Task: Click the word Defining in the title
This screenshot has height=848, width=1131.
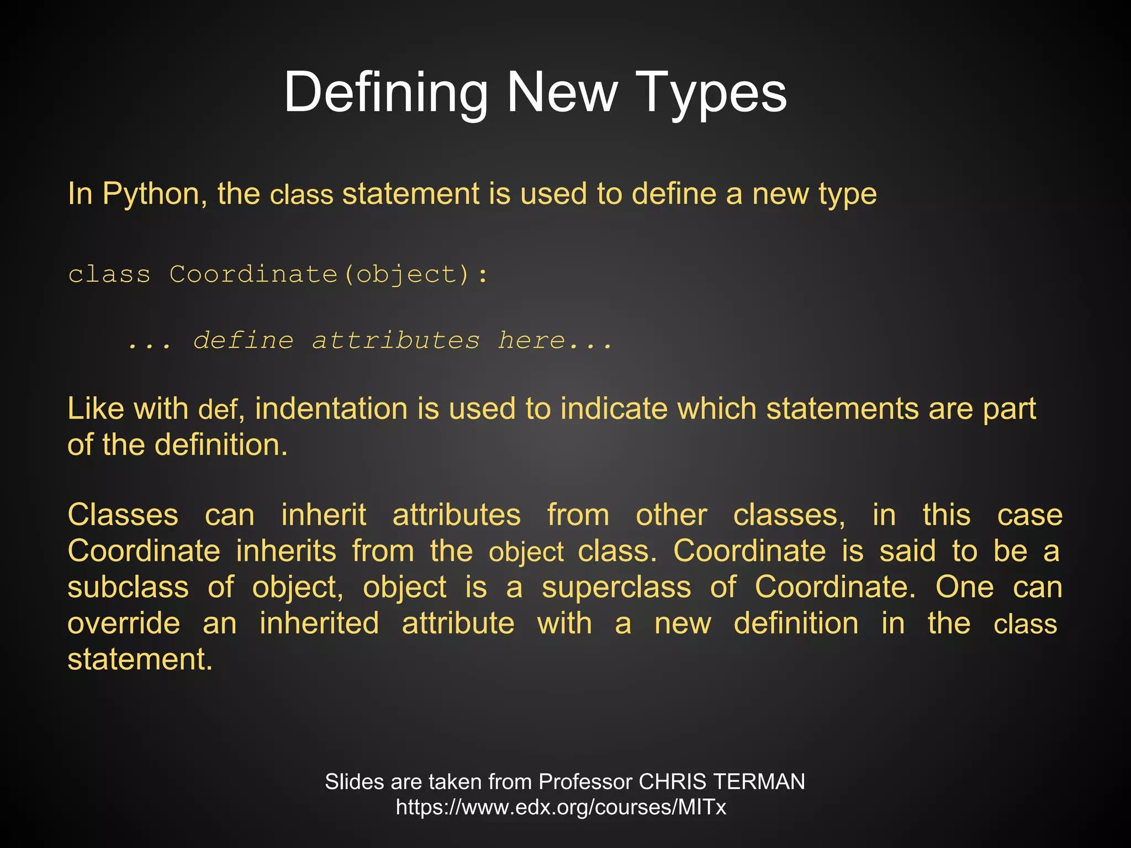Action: click(x=385, y=93)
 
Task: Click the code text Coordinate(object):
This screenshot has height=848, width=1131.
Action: click(x=329, y=274)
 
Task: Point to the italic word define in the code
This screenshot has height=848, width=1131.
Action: click(x=244, y=340)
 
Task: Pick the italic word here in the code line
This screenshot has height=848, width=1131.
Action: click(x=531, y=340)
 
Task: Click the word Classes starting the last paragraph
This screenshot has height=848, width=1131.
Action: click(x=123, y=515)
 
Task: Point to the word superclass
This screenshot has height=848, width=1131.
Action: click(x=616, y=587)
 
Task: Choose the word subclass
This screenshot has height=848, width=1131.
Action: click(x=128, y=587)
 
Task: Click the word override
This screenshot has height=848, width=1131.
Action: click(x=124, y=623)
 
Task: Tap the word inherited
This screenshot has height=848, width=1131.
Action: click(x=319, y=623)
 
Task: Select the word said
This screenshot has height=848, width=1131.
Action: click(x=907, y=551)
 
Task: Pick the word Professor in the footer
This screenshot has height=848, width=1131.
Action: click(x=585, y=782)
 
